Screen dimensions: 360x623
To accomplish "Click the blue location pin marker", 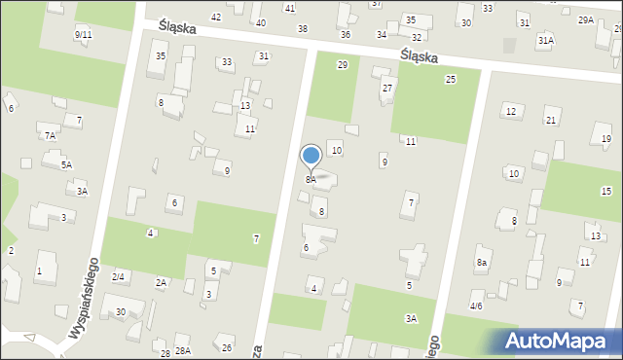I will click(x=311, y=157).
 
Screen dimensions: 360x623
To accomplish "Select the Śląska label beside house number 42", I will click(x=176, y=28).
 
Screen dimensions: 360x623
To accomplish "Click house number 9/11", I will click(x=83, y=34).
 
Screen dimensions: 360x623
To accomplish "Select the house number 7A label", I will click(x=50, y=135).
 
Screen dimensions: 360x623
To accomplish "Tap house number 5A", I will click(x=67, y=165).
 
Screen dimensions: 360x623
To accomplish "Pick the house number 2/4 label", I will click(x=118, y=276).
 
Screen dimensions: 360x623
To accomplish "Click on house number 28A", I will click(x=182, y=350).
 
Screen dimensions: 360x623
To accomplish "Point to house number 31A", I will click(x=545, y=41).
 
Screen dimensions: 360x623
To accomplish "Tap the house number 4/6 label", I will click(x=476, y=306).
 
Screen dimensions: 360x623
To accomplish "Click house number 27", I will click(x=386, y=89).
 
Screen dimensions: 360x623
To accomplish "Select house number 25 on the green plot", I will click(x=450, y=79).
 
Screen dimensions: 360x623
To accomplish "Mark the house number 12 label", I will click(x=511, y=111).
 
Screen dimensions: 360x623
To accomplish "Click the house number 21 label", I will click(x=551, y=120).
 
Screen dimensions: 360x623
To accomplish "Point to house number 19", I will click(x=605, y=139).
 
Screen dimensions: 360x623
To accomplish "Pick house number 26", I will click(x=227, y=347).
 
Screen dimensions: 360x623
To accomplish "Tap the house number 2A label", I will click(x=162, y=282).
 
